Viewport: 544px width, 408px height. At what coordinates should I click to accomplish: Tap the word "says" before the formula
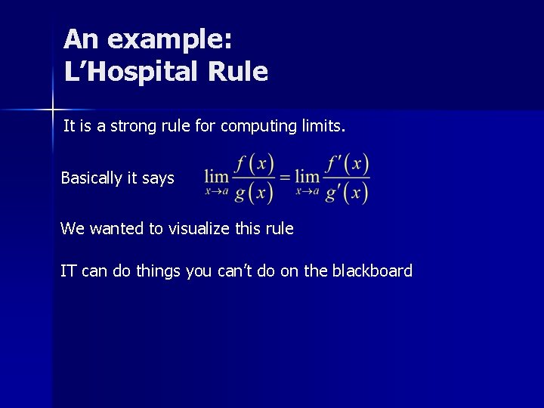tap(158, 179)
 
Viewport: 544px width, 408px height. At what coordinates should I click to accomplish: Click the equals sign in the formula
tap(284, 178)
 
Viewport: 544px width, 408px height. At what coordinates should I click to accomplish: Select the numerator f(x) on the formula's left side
tap(253, 164)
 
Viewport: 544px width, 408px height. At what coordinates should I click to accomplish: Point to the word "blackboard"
tap(372, 270)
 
